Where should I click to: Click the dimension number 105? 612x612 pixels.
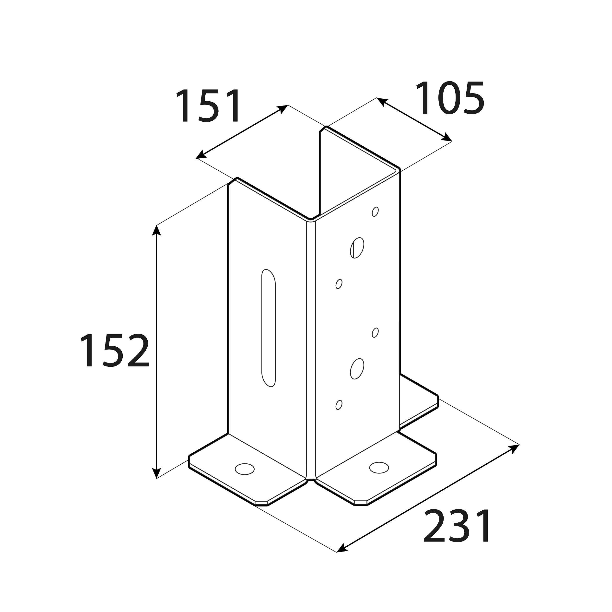pyautogui.click(x=450, y=98)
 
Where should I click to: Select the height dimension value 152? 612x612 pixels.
pyautogui.click(x=115, y=350)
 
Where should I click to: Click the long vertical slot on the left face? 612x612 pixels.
pyautogui.click(x=268, y=328)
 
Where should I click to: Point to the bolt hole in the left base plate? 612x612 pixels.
pyautogui.click(x=245, y=469)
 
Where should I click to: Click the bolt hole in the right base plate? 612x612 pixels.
pyautogui.click(x=379, y=468)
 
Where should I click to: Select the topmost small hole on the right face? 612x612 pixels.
pyautogui.click(x=375, y=212)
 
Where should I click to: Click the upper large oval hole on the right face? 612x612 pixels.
pyautogui.click(x=357, y=248)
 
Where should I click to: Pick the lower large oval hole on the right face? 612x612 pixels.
pyautogui.click(x=357, y=369)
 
